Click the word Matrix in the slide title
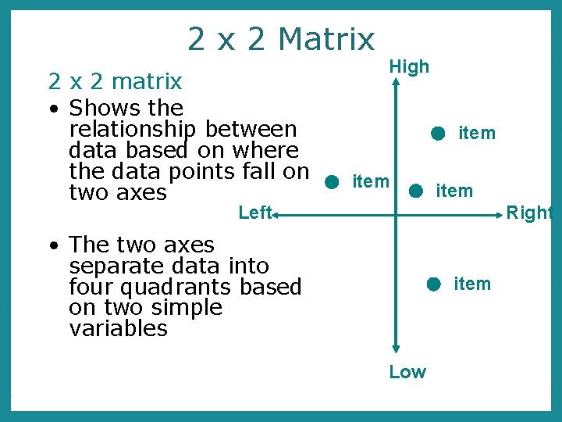[x=326, y=38]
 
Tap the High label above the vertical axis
[x=409, y=67]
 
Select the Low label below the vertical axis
[x=407, y=372]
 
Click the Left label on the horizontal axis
[x=254, y=212]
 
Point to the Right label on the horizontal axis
[x=529, y=213]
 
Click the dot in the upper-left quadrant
[x=332, y=183]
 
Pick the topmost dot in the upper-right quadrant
[x=438, y=134]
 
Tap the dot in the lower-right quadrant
[x=434, y=284]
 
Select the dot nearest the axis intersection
[x=416, y=190]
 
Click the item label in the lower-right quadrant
[x=472, y=284]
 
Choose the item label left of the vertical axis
[x=371, y=182]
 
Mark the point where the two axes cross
[x=396, y=212]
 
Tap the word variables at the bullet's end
[x=118, y=328]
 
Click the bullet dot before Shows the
[x=52, y=109]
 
